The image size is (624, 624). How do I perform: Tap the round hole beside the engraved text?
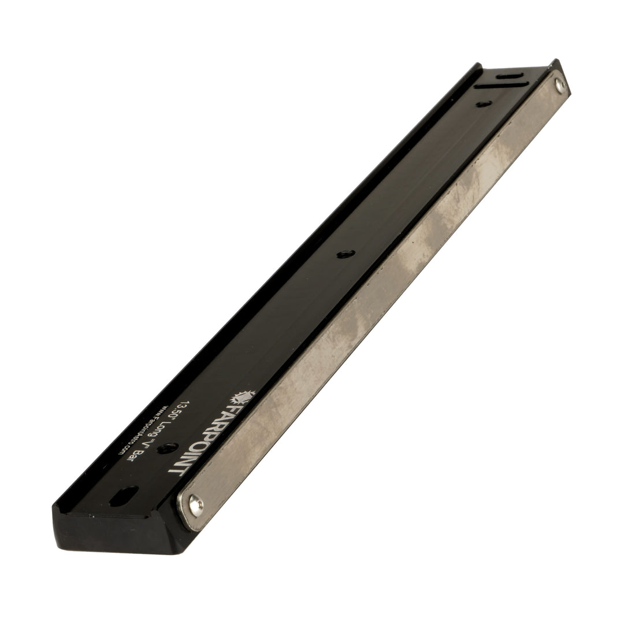click(168, 448)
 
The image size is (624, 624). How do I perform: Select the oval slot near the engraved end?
click(124, 496)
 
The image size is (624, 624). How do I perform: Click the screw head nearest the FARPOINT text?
click(195, 504)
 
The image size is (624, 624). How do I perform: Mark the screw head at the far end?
click(559, 86)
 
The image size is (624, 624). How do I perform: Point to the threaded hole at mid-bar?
click(346, 254)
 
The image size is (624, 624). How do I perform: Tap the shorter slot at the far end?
click(508, 76)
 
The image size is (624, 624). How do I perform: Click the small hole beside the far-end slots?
click(484, 104)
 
